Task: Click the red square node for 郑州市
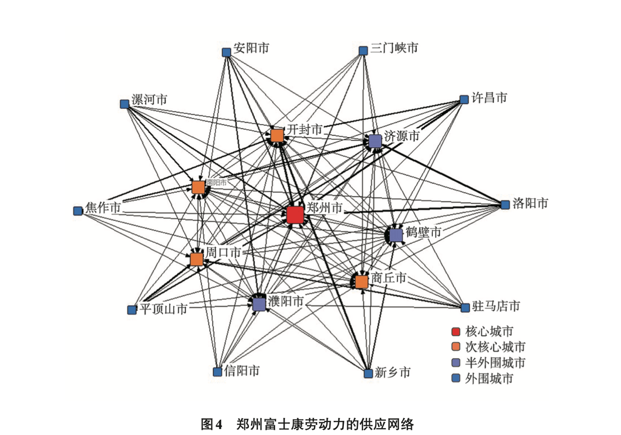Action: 294,214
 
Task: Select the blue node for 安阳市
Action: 226,52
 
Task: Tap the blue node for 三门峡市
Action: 363,51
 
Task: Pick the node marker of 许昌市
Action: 464,100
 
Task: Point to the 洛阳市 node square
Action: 505,205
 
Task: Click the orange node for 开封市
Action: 277,135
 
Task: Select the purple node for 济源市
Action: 375,141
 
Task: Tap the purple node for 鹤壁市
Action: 396,234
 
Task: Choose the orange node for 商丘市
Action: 361,282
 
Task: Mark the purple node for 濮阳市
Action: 259,304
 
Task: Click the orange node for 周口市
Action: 197,259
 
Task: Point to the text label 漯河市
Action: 149,100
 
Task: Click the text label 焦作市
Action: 103,207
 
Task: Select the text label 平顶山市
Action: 163,309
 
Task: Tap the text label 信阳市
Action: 241,371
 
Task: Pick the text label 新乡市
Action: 392,373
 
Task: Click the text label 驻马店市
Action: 496,307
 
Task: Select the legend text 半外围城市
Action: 495,363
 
